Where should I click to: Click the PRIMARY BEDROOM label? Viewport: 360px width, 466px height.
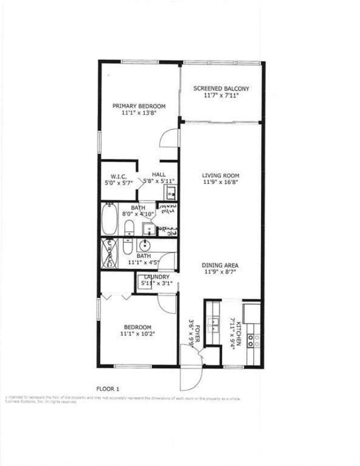pyautogui.click(x=138, y=106)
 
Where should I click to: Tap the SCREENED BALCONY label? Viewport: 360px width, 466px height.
pyautogui.click(x=221, y=89)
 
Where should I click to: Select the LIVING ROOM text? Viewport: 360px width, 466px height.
pyautogui.click(x=221, y=175)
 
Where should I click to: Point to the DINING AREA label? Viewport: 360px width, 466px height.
pyautogui.click(x=221, y=265)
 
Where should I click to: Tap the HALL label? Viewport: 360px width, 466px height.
pyautogui.click(x=159, y=175)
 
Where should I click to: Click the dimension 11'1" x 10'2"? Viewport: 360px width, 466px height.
pyautogui.click(x=138, y=334)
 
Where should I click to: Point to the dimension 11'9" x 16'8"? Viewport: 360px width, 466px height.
pyautogui.click(x=221, y=182)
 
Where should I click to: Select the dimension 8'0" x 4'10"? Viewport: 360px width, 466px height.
pyautogui.click(x=138, y=214)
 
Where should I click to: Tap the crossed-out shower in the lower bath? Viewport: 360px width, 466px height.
pyautogui.click(x=109, y=254)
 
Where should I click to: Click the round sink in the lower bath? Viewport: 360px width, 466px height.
pyautogui.click(x=145, y=245)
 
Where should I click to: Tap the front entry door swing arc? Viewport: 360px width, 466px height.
pyautogui.click(x=189, y=378)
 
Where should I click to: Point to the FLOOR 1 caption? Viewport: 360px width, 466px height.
pyautogui.click(x=107, y=388)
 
